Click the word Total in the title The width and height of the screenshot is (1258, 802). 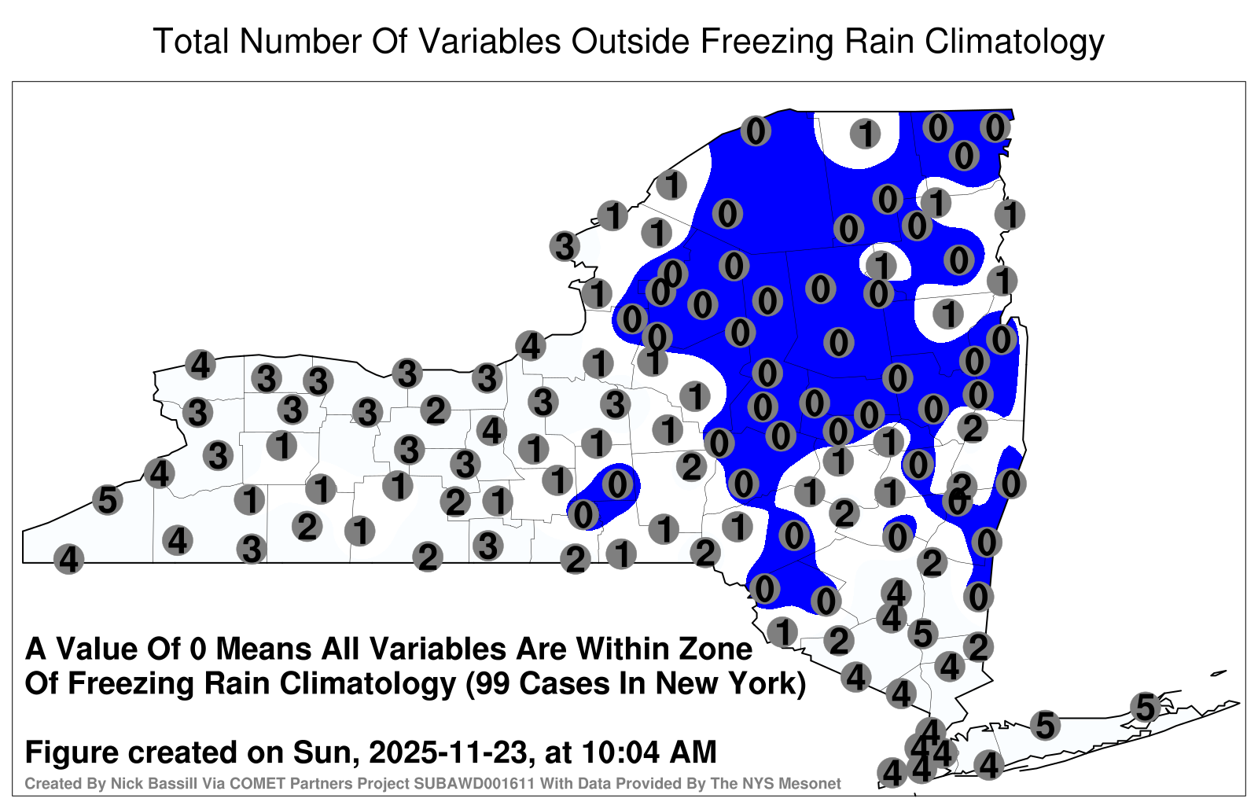pos(191,41)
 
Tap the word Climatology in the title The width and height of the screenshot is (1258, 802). pos(1014,42)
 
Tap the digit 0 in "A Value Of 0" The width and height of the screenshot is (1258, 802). pos(197,649)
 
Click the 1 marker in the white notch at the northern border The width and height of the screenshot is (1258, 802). pos(865,134)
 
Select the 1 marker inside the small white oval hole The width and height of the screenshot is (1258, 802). pos(881,265)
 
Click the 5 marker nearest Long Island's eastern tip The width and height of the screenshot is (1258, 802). pos(1145,707)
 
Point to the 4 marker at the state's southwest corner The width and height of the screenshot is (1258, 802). pos(68,559)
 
